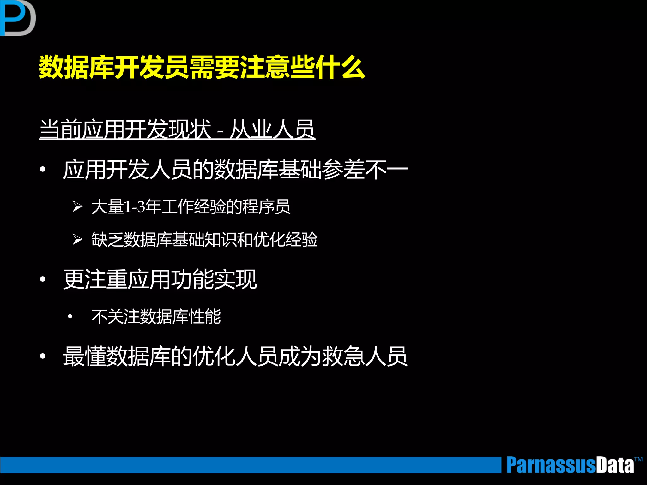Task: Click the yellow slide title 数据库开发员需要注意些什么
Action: point(202,67)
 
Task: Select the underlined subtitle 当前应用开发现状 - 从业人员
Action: point(177,129)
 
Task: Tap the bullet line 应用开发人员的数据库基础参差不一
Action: point(235,170)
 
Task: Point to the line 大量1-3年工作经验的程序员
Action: point(191,207)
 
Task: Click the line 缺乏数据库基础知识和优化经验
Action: point(204,239)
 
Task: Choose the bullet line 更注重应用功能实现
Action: point(160,279)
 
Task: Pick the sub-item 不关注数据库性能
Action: point(156,317)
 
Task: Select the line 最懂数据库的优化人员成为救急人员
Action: point(235,356)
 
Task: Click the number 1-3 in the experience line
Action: point(134,207)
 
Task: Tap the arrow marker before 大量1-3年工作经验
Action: point(77,207)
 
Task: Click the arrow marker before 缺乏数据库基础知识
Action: point(77,239)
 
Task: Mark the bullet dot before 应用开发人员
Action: point(43,170)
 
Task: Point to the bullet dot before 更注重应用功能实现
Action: point(43,279)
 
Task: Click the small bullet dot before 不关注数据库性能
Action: point(70,316)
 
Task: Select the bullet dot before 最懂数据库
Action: point(43,356)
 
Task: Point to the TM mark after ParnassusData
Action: point(638,459)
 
